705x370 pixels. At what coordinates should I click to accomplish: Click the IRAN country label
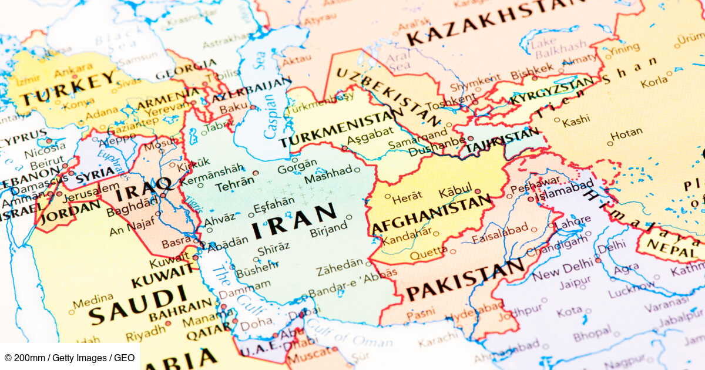click(294, 221)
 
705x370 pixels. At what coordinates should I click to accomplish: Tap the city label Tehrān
click(234, 186)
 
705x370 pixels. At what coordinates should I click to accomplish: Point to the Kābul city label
click(455, 192)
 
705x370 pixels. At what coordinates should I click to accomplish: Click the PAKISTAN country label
click(465, 281)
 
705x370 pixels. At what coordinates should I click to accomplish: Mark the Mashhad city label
click(328, 174)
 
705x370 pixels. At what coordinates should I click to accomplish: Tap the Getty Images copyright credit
click(69, 358)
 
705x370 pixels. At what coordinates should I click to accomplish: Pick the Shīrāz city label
click(273, 247)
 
